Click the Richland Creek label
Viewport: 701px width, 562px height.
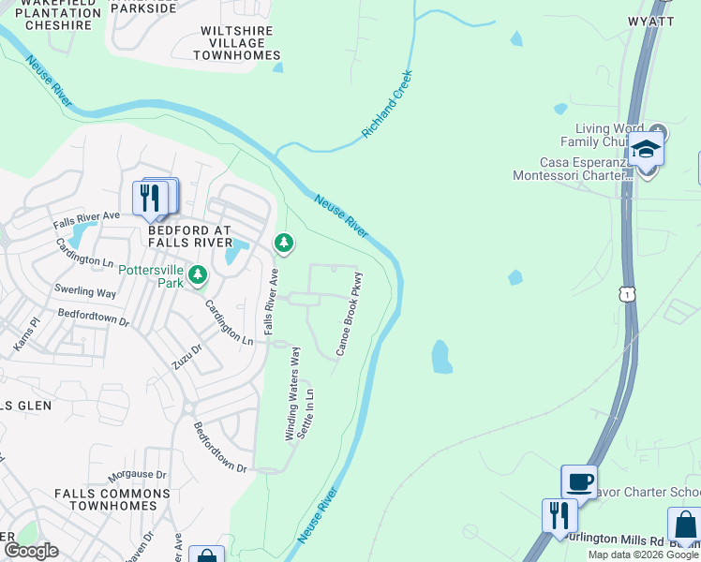(x=388, y=105)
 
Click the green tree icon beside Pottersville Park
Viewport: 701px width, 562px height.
(x=197, y=274)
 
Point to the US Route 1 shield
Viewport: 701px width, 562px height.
(x=625, y=294)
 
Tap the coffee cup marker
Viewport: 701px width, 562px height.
(x=579, y=481)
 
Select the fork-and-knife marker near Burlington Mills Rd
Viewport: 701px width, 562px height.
(x=559, y=515)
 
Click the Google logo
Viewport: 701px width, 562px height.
(x=31, y=551)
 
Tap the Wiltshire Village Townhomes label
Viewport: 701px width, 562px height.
(x=237, y=43)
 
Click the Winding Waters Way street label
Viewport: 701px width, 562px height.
(x=292, y=393)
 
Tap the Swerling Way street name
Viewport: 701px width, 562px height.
(x=85, y=291)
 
